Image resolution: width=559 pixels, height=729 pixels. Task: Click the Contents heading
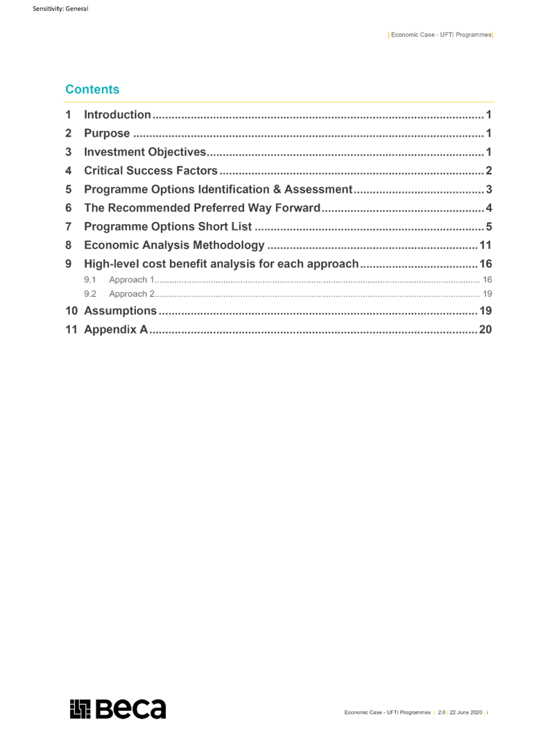tap(92, 89)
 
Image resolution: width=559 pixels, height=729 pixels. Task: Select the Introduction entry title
tap(117, 115)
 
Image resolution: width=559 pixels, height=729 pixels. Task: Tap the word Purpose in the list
tap(107, 134)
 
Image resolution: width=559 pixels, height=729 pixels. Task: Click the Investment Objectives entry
tap(145, 152)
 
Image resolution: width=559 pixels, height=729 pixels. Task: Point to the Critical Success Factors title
tap(150, 171)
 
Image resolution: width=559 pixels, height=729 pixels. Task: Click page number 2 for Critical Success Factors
tap(489, 171)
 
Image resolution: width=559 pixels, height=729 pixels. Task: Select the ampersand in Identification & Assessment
tap(277, 189)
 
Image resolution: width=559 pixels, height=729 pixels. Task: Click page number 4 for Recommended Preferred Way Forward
tap(489, 208)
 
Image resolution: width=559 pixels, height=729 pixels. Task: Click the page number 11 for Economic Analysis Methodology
tap(485, 245)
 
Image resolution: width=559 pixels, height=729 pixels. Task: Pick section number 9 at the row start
tap(69, 264)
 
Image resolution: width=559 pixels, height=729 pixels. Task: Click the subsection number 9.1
tap(89, 280)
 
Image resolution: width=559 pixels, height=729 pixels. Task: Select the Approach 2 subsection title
tap(132, 294)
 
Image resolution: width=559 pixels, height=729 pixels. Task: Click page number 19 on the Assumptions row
tap(485, 311)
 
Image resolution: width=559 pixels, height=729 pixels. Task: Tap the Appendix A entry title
tap(116, 329)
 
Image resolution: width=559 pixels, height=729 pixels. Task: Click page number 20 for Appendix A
tap(485, 329)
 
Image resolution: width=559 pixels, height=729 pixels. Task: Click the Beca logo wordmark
tap(130, 709)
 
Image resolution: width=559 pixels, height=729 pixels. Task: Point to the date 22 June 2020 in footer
tap(465, 712)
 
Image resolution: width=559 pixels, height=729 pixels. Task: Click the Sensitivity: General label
tap(60, 8)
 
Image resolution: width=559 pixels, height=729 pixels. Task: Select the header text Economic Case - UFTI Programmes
tap(441, 35)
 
